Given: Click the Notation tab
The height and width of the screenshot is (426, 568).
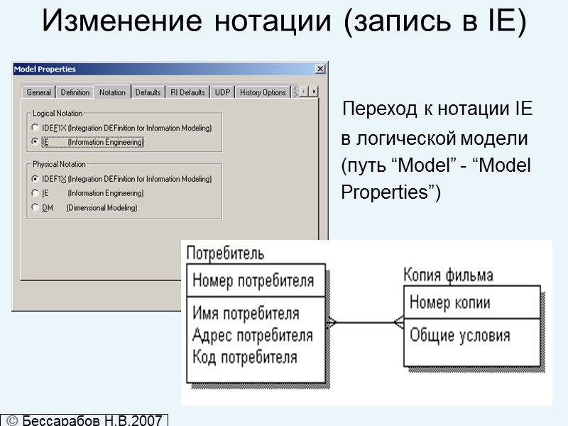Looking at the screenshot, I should coord(112,92).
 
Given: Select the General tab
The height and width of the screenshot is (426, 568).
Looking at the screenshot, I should coord(39,92).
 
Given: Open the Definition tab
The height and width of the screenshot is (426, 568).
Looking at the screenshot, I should coord(75,92).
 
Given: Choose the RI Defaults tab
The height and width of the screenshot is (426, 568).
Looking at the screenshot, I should coord(187,92).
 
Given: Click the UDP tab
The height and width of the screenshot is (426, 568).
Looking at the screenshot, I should coord(223,92).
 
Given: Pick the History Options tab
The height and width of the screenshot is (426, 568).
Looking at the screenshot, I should coord(263,92).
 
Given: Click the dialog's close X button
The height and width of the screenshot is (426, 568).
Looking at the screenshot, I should coord(320,69).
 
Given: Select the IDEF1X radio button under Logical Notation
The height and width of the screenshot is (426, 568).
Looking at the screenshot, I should coord(35,128).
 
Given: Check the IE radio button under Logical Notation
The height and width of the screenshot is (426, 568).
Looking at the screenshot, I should coord(35,142).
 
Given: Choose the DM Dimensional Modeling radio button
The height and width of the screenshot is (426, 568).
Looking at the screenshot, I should coord(35,207).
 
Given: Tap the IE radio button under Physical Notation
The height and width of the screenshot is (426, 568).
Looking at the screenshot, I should coord(35,193).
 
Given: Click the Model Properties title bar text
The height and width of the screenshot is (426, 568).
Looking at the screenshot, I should coord(45,69).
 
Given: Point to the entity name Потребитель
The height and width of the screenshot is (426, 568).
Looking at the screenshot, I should coord(225,253).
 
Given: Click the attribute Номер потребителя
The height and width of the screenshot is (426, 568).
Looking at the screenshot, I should coord(253,280).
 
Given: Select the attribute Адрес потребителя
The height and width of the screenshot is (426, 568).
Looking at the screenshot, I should coord(253,335).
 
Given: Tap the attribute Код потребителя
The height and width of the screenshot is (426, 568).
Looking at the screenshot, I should coord(245,356).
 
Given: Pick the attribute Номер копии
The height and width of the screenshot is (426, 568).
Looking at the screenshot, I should coord(449,303).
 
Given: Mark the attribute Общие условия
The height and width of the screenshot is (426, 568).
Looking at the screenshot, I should coord(459,336).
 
